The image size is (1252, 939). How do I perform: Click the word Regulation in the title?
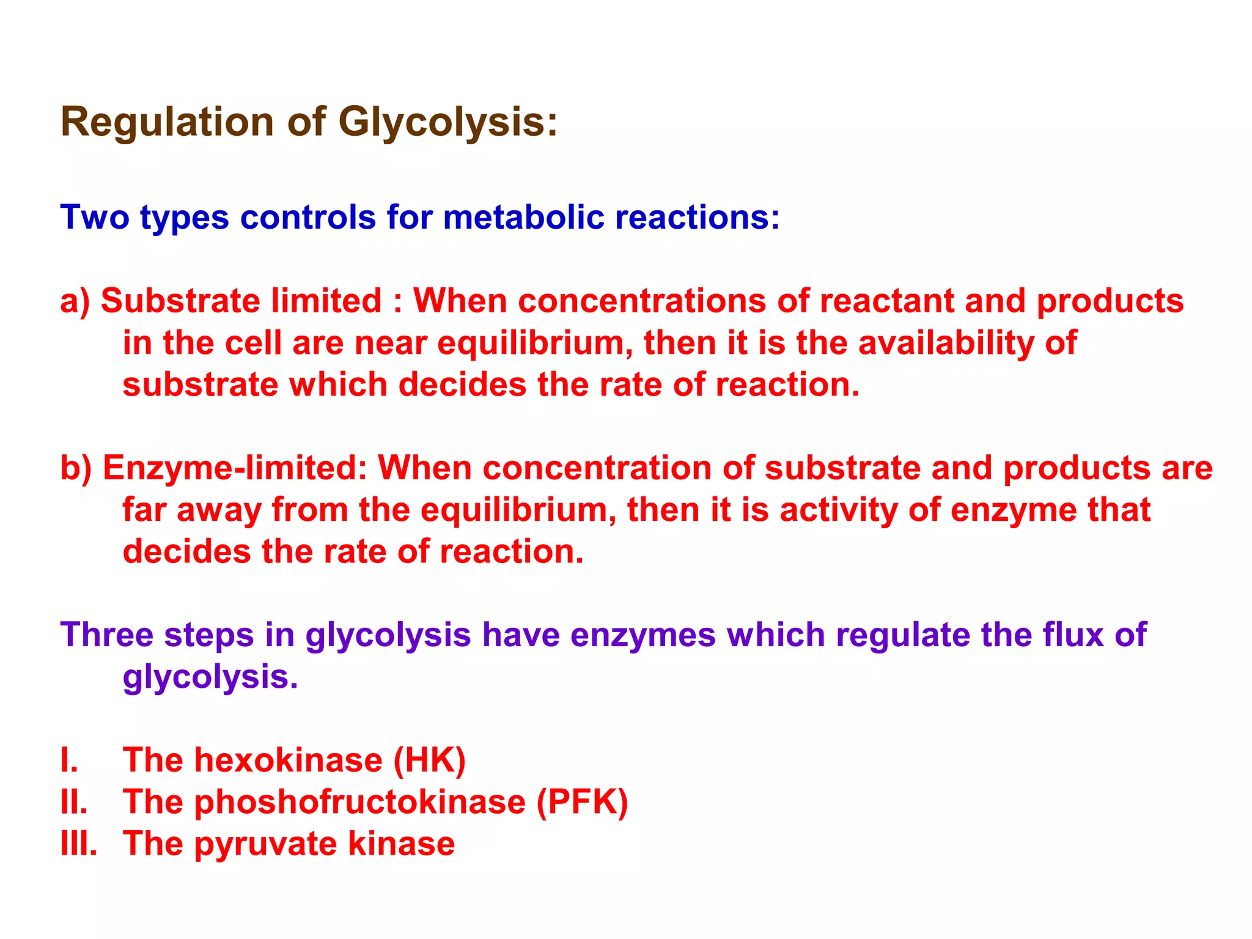click(167, 122)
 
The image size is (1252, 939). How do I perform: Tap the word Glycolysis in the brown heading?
click(447, 122)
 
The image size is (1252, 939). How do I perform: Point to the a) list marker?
click(75, 301)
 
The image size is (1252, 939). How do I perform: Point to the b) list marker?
click(76, 468)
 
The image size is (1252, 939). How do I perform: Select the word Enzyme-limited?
click(235, 468)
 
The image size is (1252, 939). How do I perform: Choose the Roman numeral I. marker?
click(69, 760)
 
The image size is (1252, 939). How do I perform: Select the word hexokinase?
click(288, 760)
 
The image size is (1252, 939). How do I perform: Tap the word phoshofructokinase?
click(359, 802)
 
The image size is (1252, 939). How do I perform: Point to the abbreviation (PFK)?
click(582, 802)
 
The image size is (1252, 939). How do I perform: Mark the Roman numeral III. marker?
click(79, 844)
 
